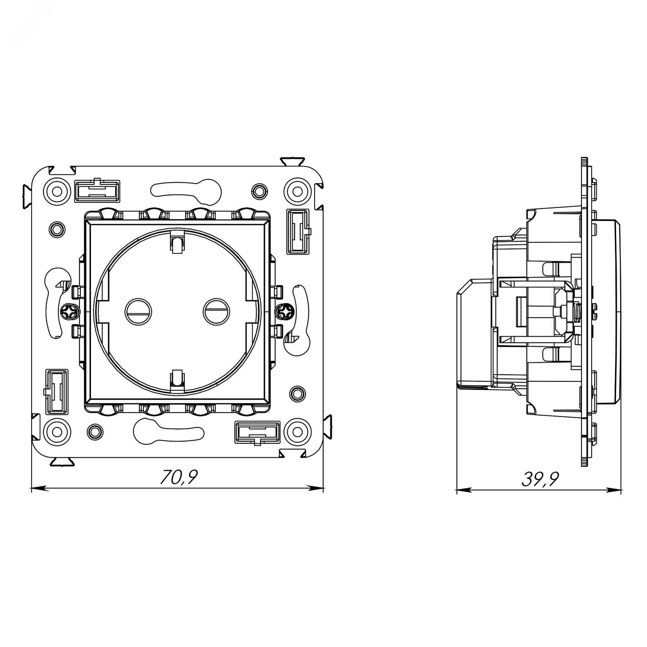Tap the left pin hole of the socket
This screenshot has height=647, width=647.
click(138, 312)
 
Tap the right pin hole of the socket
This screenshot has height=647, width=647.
click(217, 312)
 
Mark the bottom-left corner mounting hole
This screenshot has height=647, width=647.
click(58, 432)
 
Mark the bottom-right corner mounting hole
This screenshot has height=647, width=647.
click(297, 432)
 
